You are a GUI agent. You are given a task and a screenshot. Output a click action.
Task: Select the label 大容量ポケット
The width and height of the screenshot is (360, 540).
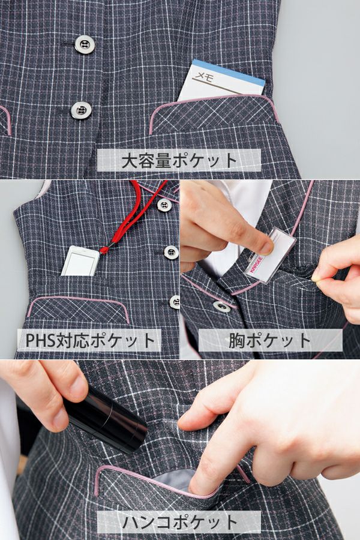click(179, 160)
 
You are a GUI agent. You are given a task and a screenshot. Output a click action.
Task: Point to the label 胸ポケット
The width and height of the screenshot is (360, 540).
click(269, 340)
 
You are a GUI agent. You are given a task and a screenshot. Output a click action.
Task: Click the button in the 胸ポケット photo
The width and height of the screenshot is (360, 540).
click(222, 305)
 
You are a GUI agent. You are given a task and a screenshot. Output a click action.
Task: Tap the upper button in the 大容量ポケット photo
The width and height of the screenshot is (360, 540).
click(85, 44)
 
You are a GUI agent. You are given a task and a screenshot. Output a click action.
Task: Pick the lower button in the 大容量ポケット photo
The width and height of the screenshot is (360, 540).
click(81, 110)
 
